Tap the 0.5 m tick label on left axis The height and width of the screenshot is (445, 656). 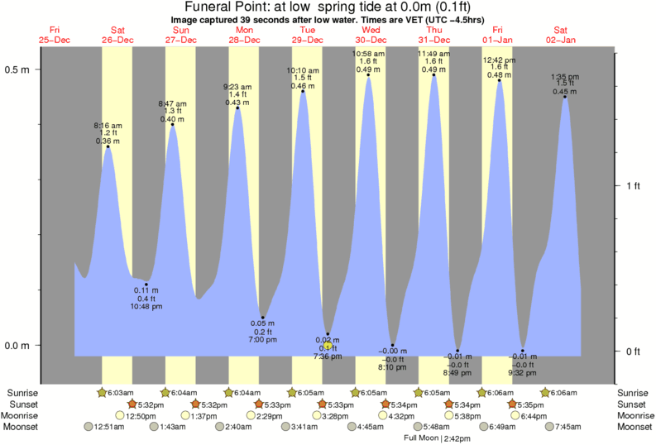tap(19, 69)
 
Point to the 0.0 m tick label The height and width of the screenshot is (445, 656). tap(19, 345)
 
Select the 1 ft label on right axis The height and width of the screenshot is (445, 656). tap(632, 185)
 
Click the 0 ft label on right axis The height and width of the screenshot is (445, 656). tap(632, 352)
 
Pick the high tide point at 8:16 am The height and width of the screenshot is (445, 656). tap(108, 147)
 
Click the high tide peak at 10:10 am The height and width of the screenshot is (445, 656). tap(303, 91)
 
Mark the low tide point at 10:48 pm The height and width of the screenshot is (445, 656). tap(146, 285)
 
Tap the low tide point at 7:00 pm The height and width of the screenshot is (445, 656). tap(262, 318)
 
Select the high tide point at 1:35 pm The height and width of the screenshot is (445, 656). tap(565, 97)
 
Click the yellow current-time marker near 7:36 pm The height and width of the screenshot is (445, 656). tap(328, 345)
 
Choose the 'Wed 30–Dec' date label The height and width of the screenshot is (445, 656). tap(371, 35)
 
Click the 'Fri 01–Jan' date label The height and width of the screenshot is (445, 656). tap(498, 35)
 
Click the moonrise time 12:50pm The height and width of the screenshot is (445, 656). tap(141, 415)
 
